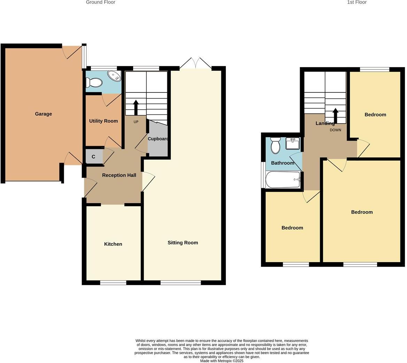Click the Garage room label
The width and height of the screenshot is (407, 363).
tap(43, 114)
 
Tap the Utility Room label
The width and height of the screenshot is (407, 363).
tap(103, 121)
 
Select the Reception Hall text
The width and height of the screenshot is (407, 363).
tap(119, 175)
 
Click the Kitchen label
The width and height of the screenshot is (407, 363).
tap(113, 244)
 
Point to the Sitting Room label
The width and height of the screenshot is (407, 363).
tap(183, 243)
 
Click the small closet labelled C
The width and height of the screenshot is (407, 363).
tap(93, 157)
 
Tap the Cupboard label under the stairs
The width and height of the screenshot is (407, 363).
tap(158, 139)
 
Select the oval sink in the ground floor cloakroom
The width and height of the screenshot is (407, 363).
tap(114, 76)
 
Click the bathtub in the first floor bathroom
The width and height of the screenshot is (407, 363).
tap(283, 180)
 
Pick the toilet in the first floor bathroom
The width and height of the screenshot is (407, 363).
tap(275, 146)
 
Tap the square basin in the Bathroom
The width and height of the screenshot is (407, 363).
tap(292, 143)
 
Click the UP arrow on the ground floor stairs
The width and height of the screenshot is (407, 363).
tap(136, 107)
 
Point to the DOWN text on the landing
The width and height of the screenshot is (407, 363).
tap(335, 130)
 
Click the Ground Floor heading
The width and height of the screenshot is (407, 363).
tap(100, 2)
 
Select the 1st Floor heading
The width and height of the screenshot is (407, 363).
tap(356, 2)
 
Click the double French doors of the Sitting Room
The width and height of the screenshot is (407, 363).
tap(196, 64)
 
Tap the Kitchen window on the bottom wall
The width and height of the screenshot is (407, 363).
tap(113, 283)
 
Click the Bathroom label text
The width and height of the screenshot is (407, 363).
tap(283, 163)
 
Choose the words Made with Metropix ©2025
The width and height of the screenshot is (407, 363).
tap(222, 361)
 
